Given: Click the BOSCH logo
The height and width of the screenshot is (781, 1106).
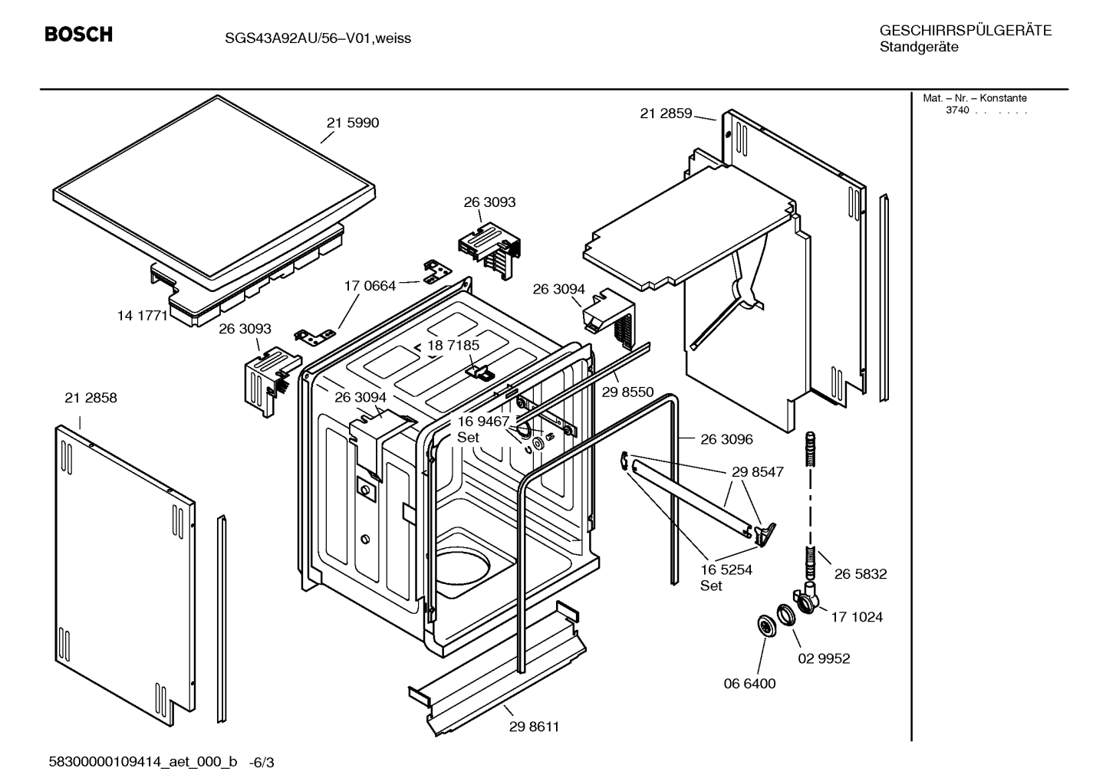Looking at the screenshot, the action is coord(78,34).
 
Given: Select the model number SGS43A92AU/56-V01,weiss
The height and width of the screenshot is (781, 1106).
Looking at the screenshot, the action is coord(318,38).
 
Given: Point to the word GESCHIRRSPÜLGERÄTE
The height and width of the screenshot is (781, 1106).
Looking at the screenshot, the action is coord(966,30).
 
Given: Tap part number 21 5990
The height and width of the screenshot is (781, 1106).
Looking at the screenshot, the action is coord(353,123).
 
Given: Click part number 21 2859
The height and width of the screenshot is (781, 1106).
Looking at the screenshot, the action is coord(666,113).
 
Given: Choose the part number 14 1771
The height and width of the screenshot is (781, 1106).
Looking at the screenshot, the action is coord(142,316).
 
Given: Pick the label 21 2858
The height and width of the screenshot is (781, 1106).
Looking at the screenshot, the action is coord(91,398).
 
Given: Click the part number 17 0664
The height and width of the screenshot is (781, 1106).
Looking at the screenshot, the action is coord(370,286).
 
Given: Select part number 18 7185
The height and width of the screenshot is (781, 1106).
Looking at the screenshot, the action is coord(453,346).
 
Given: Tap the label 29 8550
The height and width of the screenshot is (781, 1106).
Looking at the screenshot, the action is coord(627,392).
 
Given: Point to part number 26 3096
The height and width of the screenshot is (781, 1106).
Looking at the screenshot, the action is coord(727,439).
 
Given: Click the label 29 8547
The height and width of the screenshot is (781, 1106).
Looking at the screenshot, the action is coord(758,472).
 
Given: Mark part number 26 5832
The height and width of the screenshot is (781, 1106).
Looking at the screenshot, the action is coord(861,574).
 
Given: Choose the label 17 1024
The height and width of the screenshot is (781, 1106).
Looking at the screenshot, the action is coord(857,617).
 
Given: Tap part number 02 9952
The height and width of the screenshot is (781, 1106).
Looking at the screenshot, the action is coord(824,658).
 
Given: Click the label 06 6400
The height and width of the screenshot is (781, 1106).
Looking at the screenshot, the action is coord(749,684).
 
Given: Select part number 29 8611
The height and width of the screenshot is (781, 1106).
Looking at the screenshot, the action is coord(535,727).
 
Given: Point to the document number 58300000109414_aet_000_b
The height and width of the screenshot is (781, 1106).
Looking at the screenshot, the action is coord(143,763).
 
